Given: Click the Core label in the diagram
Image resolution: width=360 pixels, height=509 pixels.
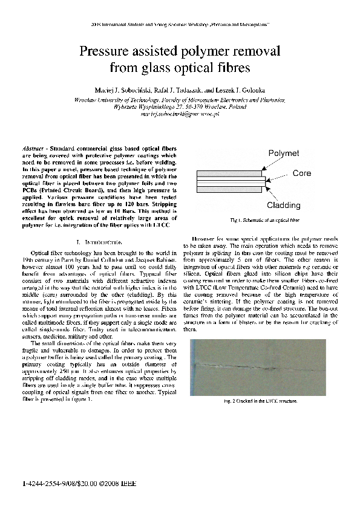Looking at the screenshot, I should (x=301, y=173).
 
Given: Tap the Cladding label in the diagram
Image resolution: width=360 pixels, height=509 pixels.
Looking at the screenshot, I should (x=289, y=205).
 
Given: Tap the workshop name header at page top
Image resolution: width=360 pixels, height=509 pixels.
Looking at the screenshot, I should (x=180, y=25).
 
